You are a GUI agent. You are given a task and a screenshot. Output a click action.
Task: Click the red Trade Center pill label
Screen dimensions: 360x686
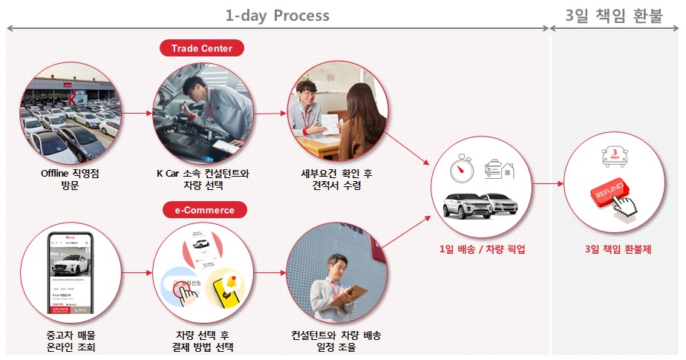[x=202, y=49]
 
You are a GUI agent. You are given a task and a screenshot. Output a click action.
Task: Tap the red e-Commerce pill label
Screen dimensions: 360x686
[x=203, y=210]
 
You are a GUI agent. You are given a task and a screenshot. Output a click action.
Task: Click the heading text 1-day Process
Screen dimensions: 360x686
[x=278, y=15]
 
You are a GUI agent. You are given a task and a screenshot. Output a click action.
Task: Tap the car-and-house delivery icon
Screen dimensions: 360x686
[x=499, y=171]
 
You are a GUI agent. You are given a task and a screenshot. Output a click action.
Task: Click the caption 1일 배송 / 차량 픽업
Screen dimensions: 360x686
[x=482, y=249]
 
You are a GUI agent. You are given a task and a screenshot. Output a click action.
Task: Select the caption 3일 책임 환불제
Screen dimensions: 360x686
[x=617, y=249]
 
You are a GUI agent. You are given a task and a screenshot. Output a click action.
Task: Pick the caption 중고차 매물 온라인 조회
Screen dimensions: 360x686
[x=71, y=341]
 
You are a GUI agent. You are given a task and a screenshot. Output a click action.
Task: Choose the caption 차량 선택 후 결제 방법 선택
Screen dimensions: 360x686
[x=203, y=341]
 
